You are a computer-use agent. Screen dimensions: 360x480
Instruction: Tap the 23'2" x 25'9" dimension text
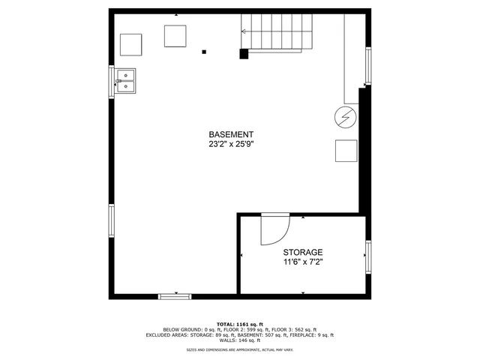click(231, 145)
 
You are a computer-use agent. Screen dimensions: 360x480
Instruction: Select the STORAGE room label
click(303, 252)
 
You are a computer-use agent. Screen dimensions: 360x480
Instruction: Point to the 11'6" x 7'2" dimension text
click(303, 262)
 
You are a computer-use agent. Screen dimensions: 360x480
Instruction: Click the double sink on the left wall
click(125, 80)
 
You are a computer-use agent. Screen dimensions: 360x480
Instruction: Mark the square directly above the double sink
click(131, 44)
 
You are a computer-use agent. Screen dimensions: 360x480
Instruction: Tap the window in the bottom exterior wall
click(175, 296)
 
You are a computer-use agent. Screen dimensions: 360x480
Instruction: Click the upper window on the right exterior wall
click(367, 66)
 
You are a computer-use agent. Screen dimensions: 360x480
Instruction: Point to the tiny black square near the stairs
click(204, 52)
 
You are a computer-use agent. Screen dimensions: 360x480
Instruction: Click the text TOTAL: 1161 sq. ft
click(239, 323)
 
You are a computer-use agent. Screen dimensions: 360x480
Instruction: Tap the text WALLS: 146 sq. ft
click(239, 340)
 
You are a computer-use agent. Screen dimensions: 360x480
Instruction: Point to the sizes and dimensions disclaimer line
click(239, 349)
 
